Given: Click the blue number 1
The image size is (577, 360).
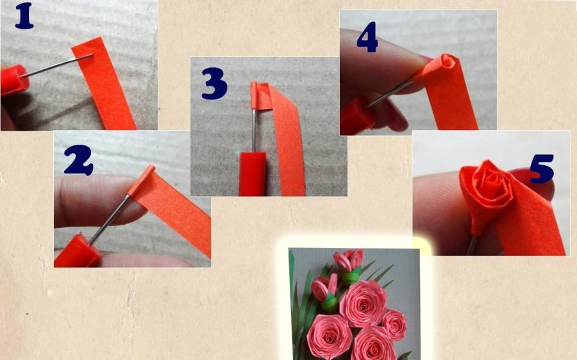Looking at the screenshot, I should click(x=24, y=17).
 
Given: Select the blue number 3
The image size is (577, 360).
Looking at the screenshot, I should click(x=214, y=84).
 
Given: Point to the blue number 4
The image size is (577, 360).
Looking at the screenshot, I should click(x=367, y=40).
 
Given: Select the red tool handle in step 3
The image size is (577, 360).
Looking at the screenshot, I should click(x=252, y=173).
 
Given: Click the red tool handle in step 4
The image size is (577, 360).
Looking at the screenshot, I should click(x=356, y=117).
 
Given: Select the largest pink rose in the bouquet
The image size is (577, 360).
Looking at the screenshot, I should click(x=362, y=302).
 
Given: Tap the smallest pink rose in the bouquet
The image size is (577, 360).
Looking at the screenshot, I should click(x=394, y=323).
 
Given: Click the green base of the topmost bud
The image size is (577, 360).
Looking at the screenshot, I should click(x=350, y=277).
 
